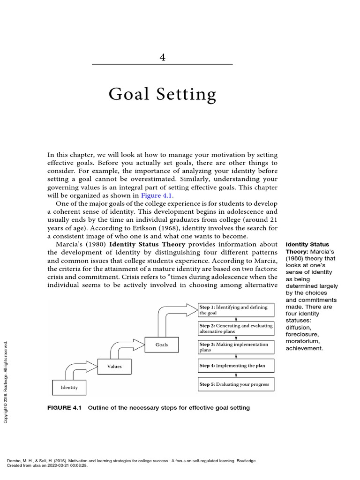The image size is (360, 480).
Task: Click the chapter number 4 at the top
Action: click(x=162, y=57)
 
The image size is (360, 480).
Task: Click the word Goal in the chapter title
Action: click(x=128, y=95)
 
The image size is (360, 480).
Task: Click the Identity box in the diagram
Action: click(x=69, y=388)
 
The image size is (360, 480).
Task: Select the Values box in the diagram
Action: click(x=114, y=366)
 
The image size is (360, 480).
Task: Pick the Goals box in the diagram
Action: click(x=161, y=345)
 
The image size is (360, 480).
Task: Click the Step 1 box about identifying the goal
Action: click(x=236, y=310)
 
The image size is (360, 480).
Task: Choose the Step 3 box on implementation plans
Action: click(x=236, y=347)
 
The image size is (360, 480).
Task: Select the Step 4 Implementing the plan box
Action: click(x=236, y=366)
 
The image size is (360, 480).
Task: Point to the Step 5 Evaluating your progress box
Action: click(x=236, y=384)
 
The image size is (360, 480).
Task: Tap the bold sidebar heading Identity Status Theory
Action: click(x=307, y=248)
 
